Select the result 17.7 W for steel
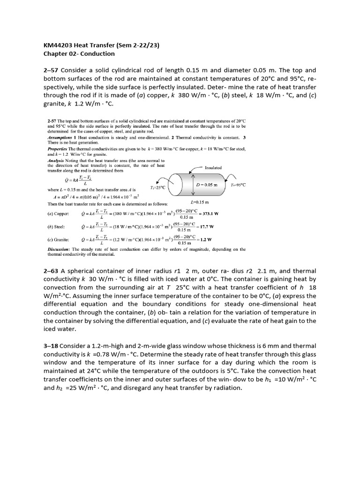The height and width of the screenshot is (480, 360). (x=206, y=226)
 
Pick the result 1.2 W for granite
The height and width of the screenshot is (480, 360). (x=205, y=239)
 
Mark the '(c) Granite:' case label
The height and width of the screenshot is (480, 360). (x=60, y=239)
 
